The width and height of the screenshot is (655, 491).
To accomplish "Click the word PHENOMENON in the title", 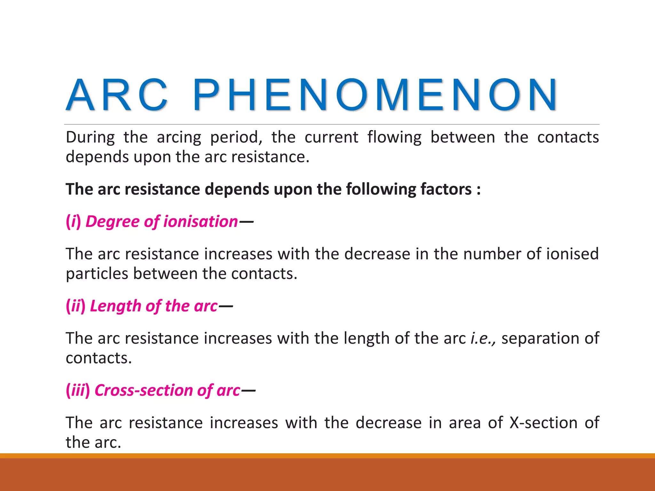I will pos(375,95).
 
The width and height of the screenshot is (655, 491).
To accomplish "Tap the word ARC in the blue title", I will pos(117,95).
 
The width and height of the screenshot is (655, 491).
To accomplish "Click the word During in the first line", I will pos(90,137).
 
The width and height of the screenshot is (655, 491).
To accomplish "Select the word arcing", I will pos(179,137).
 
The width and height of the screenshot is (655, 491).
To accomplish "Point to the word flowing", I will pos(394,137).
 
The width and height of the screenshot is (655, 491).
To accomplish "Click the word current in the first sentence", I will pos(331,137).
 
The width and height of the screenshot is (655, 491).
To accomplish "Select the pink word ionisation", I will pos(201,222).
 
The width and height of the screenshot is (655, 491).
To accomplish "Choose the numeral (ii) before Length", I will pos(76,306).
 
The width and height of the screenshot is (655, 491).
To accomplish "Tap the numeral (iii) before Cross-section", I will pos(78,390).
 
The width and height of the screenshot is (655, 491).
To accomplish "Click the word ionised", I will pos(572,254).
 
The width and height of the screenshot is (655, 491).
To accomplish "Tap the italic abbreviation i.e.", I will pos(483,338).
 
